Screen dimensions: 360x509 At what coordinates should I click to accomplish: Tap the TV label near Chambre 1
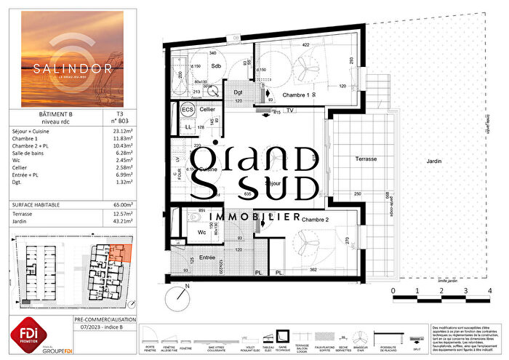(289, 111)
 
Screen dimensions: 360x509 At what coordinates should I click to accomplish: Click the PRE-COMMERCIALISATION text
(105, 320)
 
